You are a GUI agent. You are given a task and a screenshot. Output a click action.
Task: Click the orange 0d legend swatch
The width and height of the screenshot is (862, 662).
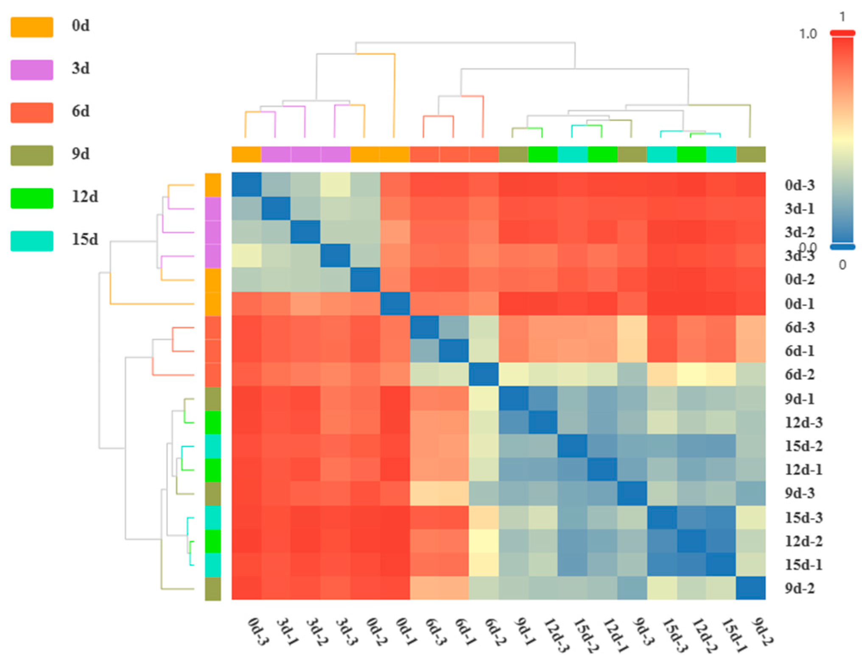click(32, 27)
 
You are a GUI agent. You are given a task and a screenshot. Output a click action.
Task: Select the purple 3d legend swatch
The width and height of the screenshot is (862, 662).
click(32, 70)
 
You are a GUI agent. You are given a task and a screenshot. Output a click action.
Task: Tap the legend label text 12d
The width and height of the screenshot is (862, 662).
click(85, 197)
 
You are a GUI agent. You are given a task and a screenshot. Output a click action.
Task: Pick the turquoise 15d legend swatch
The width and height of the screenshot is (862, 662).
click(32, 241)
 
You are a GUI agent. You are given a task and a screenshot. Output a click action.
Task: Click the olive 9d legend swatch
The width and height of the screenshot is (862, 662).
click(32, 155)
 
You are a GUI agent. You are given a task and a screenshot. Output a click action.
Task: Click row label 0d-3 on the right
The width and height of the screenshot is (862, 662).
click(799, 185)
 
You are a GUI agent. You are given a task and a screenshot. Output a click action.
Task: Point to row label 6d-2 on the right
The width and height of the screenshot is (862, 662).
click(799, 374)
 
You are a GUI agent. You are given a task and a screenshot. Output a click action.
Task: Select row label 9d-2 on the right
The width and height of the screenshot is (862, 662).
click(799, 588)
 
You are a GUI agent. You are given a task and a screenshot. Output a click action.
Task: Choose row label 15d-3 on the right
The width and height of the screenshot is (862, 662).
click(803, 517)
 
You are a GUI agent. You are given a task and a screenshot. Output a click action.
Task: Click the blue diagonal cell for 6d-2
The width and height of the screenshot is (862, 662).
click(484, 374)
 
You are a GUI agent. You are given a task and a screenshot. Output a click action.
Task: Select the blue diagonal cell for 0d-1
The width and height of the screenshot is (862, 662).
click(395, 303)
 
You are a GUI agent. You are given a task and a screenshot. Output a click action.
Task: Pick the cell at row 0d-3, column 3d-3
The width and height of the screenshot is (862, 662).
click(335, 184)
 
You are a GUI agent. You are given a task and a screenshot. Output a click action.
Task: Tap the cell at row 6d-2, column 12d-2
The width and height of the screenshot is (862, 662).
click(691, 374)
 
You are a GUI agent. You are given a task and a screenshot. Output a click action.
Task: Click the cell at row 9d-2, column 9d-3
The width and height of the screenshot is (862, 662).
click(632, 588)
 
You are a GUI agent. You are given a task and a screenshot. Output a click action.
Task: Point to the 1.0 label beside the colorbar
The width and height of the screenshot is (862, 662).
click(808, 34)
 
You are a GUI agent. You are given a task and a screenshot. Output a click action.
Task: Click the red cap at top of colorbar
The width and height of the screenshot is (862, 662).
click(842, 33)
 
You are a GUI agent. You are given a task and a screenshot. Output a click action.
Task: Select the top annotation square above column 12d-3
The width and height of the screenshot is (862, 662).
click(543, 154)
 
